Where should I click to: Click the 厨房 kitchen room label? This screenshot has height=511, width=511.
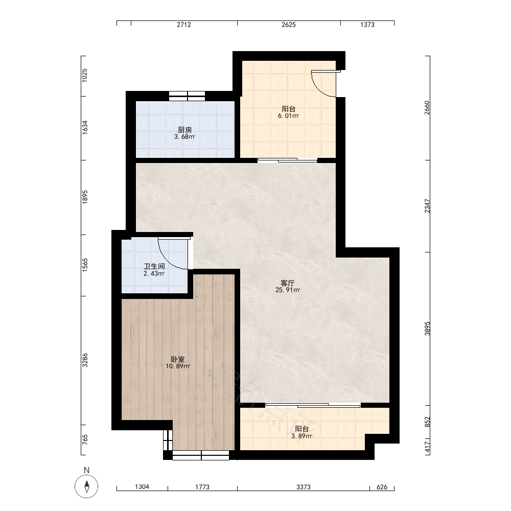click(185, 130)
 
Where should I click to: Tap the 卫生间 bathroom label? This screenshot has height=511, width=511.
click(154, 266)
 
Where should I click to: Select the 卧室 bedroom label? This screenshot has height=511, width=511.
click(178, 359)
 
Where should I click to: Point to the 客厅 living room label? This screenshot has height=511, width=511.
click(287, 283)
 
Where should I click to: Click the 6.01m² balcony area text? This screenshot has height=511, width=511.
click(288, 115)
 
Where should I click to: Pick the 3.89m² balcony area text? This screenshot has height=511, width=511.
click(302, 436)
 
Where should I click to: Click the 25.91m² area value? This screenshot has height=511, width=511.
click(288, 290)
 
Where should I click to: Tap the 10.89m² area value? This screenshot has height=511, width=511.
click(178, 366)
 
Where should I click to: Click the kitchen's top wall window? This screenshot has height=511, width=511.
click(187, 96)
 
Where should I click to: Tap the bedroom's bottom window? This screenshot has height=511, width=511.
click(201, 455)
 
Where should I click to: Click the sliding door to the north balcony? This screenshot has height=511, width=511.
click(287, 159)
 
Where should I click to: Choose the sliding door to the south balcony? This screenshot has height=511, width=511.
click(313, 405)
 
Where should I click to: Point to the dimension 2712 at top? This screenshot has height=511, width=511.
click(184, 25)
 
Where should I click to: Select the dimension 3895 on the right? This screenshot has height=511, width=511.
click(427, 329)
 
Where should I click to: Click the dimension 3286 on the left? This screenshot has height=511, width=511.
click(85, 360)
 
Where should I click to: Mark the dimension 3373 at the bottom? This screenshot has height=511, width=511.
click(304, 487)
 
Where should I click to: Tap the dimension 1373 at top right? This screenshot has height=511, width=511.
click(367, 25)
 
